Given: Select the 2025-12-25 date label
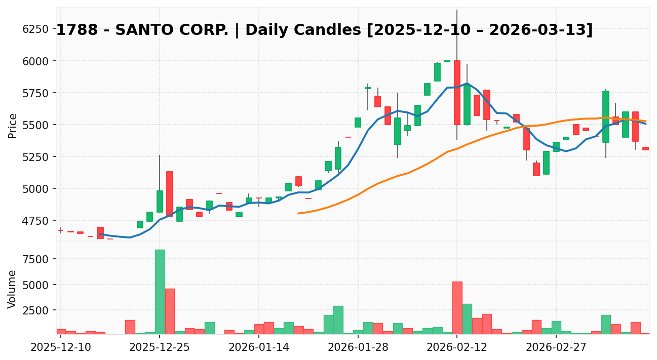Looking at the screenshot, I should point(160,348).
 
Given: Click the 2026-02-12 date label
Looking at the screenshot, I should point(457,348).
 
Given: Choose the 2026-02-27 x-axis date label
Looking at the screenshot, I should point(556,348).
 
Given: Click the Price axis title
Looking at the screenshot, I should point(13,126).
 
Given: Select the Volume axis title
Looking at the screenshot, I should point(13,289).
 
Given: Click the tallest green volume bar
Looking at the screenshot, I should point(160,292).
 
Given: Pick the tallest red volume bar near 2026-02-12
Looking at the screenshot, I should point(457,308).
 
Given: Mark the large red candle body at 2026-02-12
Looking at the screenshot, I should point(457,93).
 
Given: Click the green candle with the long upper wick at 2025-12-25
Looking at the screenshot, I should point(160,202).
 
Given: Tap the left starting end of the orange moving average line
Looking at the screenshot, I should point(298,213).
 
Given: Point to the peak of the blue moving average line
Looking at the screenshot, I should point(467,84).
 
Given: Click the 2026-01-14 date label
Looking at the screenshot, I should point(259,348).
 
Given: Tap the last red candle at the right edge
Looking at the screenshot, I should point(645,148).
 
